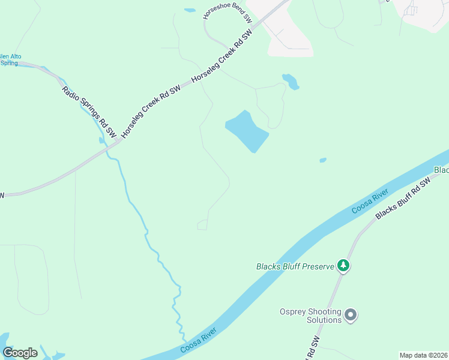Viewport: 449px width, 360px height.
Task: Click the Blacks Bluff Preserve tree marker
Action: click(343, 265)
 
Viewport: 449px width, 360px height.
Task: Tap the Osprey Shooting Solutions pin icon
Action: click(351, 314)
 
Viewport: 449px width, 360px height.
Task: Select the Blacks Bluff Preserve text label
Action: click(294, 266)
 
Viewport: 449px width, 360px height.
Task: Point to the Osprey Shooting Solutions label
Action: click(310, 316)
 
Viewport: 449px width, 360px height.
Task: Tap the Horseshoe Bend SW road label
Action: click(228, 14)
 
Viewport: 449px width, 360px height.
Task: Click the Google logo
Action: click(20, 353)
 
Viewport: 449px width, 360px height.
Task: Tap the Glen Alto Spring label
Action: click(10, 59)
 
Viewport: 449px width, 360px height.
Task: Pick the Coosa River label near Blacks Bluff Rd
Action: click(370, 201)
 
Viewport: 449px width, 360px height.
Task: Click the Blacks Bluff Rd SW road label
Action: click(403, 199)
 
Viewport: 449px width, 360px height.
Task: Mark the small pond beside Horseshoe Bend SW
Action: click(190, 10)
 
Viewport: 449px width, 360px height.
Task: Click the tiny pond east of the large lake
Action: click(323, 160)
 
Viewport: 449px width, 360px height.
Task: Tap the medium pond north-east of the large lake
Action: click(290, 81)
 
